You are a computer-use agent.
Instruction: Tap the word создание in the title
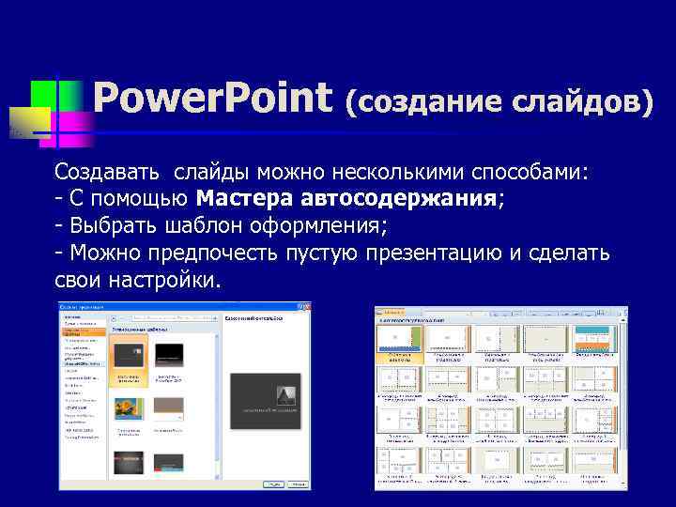pyautogui.click(x=422, y=100)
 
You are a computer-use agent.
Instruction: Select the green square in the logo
pyautogui.click(x=44, y=95)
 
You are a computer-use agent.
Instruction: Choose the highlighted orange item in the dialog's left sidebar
pyautogui.click(x=84, y=331)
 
